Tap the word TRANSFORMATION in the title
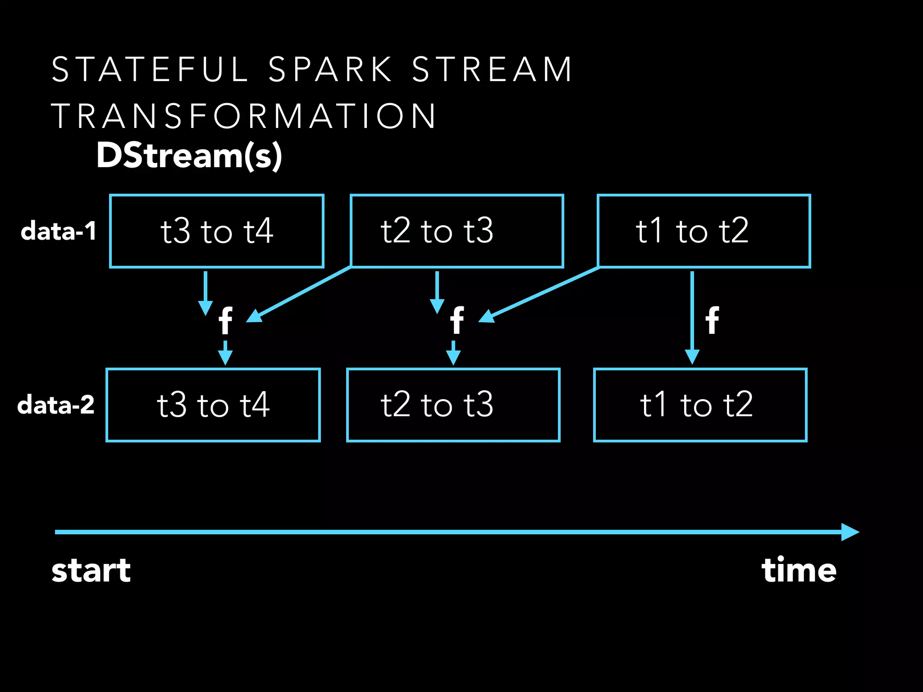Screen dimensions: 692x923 pyautogui.click(x=243, y=116)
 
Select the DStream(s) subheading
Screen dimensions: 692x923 pyautogui.click(x=189, y=155)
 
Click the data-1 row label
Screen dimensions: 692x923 pyautogui.click(x=59, y=231)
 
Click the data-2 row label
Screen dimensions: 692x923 pyautogui.click(x=56, y=405)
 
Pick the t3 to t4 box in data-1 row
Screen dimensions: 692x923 pyautogui.click(x=217, y=231)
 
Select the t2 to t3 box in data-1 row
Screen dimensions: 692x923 pyautogui.click(x=457, y=231)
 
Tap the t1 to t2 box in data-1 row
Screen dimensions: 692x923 pyautogui.click(x=704, y=231)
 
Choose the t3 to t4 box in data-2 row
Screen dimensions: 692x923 pyautogui.click(x=213, y=405)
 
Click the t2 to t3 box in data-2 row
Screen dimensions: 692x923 pyautogui.click(x=453, y=405)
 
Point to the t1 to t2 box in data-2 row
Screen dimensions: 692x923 pyautogui.click(x=700, y=405)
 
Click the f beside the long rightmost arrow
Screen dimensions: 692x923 pyautogui.click(x=712, y=321)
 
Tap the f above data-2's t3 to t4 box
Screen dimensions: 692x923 pyautogui.click(x=225, y=321)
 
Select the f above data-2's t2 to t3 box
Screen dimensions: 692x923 pyautogui.click(x=457, y=321)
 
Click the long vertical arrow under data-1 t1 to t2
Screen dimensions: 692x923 pyautogui.click(x=692, y=315)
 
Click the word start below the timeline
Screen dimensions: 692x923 pyautogui.click(x=91, y=570)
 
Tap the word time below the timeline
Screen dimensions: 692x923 pyautogui.click(x=799, y=570)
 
